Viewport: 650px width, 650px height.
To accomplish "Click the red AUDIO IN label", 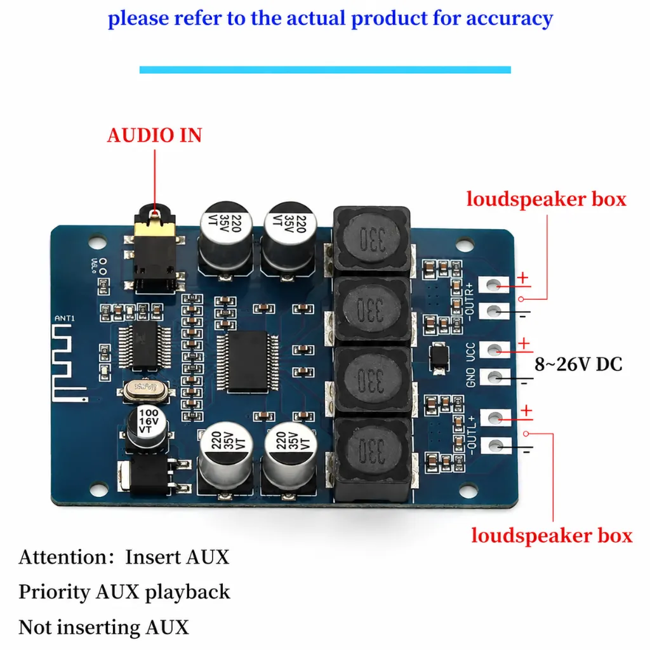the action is click(155, 136).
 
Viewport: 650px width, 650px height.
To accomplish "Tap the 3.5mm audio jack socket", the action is click(154, 249).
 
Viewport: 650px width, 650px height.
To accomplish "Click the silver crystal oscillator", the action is click(145, 390).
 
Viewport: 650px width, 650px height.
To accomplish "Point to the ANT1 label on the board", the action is click(65, 319).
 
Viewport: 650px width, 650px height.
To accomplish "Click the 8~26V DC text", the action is click(578, 364).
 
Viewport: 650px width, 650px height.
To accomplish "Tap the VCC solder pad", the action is click(494, 350).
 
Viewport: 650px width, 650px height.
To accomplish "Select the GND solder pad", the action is click(494, 377).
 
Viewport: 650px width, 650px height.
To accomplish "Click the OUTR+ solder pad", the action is click(493, 285).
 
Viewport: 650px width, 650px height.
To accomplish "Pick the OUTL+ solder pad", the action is click(495, 418).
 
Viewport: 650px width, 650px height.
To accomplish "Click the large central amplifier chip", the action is click(248, 361).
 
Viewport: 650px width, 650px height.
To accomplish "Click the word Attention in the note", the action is click(63, 557).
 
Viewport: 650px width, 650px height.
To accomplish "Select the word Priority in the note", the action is click(54, 592).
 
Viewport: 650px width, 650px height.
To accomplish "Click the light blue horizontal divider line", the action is click(325, 70).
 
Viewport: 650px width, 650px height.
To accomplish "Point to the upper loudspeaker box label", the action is click(546, 199).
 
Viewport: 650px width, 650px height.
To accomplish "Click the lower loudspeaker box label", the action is click(552, 536).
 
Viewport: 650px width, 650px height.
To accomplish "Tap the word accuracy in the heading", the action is click(510, 18).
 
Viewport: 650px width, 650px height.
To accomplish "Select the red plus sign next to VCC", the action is click(524, 343).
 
